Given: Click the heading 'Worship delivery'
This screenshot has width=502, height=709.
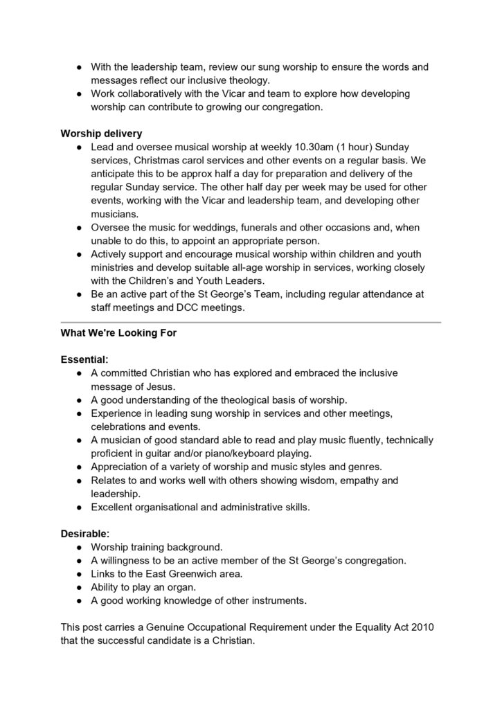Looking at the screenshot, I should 101,134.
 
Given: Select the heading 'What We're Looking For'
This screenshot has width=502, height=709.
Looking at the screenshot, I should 119,333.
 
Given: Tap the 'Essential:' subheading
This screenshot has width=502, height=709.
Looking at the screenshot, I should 84,359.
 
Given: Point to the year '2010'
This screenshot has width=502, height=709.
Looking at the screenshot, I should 424,627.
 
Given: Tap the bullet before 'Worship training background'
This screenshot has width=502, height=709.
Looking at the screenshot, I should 80,547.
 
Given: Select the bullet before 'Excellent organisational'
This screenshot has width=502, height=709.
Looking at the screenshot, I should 80,507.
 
